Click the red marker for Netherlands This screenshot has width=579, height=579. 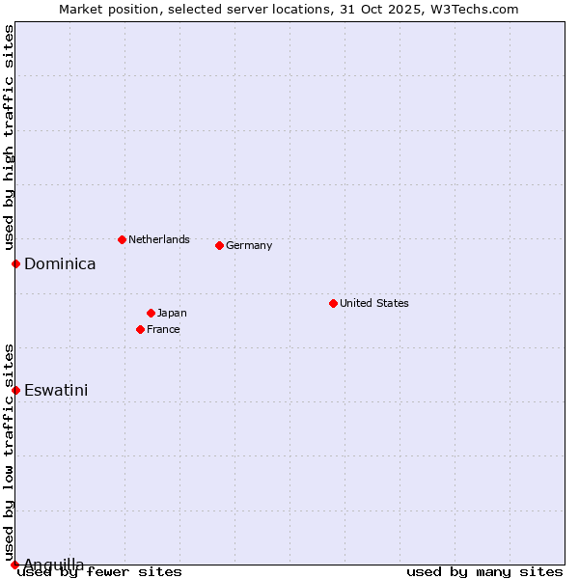click(x=122, y=239)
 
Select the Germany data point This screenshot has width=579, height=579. click(x=219, y=245)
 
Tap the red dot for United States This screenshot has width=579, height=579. click(x=333, y=303)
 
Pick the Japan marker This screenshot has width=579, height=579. click(x=151, y=313)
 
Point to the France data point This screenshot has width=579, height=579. click(x=140, y=329)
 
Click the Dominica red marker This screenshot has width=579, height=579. click(x=15, y=263)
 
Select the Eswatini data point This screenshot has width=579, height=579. click(x=15, y=390)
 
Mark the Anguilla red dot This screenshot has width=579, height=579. click(x=14, y=565)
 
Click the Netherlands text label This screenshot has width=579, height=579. click(x=159, y=239)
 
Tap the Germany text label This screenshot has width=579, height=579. click(x=249, y=245)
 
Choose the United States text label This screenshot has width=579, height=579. click(x=374, y=303)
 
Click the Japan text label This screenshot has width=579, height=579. click(x=172, y=313)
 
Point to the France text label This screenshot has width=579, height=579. click(x=163, y=329)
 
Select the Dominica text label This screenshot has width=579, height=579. click(x=60, y=263)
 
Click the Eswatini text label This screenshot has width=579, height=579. click(x=56, y=390)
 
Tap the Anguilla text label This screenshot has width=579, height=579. click(x=54, y=564)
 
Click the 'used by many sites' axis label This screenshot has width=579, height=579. click(x=484, y=571)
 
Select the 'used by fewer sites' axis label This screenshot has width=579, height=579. click(x=100, y=571)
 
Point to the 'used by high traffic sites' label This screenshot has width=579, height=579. click(x=9, y=137)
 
